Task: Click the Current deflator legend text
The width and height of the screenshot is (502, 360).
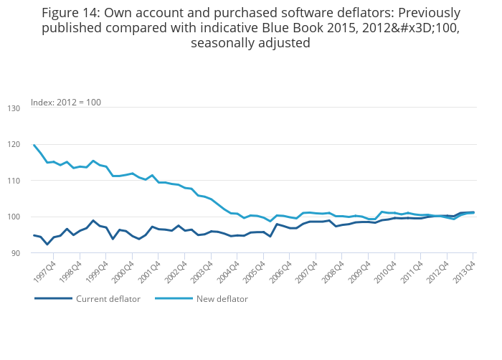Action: (x=108, y=299)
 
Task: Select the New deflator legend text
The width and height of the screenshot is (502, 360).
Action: (x=222, y=299)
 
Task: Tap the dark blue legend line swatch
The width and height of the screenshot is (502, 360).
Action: (x=53, y=299)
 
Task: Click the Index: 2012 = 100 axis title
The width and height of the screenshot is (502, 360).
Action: (x=66, y=103)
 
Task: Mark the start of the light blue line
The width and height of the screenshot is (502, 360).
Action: (x=34, y=145)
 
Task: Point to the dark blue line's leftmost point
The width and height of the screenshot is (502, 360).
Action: (x=34, y=235)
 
